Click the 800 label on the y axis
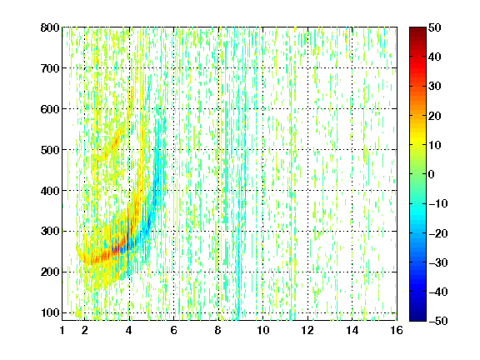point(50,27)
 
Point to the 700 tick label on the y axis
point(50,68)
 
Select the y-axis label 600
point(50,109)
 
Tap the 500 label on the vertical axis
point(50,150)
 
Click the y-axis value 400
point(50,190)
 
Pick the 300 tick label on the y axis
point(50,231)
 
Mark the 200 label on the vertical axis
point(50,272)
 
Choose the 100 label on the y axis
point(50,312)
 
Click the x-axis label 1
point(62,330)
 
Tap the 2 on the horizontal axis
point(85,330)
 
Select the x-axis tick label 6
point(174,330)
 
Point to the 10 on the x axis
point(263,330)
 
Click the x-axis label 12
point(307,330)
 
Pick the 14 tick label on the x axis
point(352,330)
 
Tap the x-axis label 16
point(397,330)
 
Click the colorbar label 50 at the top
point(434,27)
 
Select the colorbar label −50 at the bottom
point(438,321)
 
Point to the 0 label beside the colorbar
point(431,174)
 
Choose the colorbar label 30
point(434,86)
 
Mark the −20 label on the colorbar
point(438,233)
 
